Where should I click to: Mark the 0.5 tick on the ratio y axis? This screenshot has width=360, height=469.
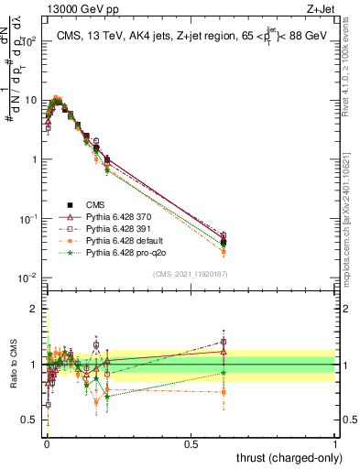pyautogui.click(x=33, y=420)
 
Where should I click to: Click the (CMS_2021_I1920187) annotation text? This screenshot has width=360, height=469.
pyautogui.click(x=191, y=274)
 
